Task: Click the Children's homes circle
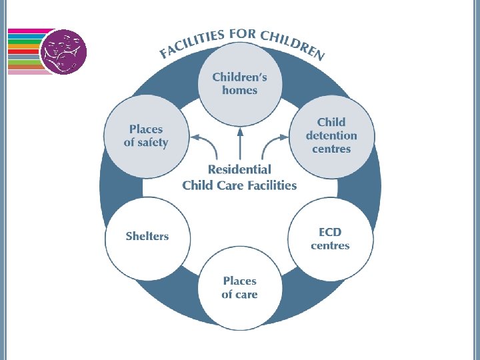pyautogui.click(x=239, y=84)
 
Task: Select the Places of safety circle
pyautogui.click(x=146, y=136)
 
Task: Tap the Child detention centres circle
pyautogui.click(x=331, y=136)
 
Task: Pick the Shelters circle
pyautogui.click(x=147, y=237)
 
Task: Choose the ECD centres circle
pyautogui.click(x=330, y=238)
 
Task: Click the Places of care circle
pyautogui.click(x=239, y=288)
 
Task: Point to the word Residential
pyautogui.click(x=239, y=170)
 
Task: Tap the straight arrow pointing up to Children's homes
pyautogui.click(x=239, y=143)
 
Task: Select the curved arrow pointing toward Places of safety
pyautogui.click(x=203, y=143)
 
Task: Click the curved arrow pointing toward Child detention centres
pyautogui.click(x=275, y=143)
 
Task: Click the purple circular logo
pyautogui.click(x=63, y=51)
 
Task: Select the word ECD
pyautogui.click(x=330, y=232)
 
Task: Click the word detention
pyautogui.click(x=331, y=136)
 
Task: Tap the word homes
pyautogui.click(x=239, y=91)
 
